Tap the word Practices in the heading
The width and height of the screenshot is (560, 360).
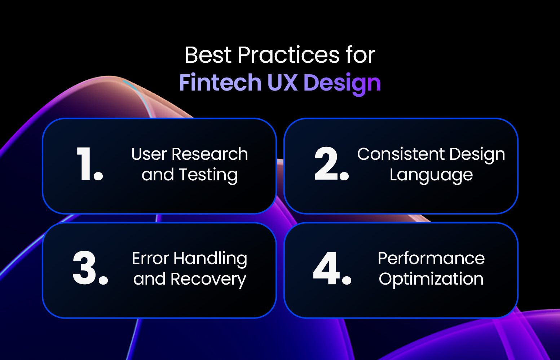click(288, 55)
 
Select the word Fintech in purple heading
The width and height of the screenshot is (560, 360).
click(220, 83)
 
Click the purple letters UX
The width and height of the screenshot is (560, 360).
click(282, 83)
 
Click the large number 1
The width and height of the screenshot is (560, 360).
click(86, 164)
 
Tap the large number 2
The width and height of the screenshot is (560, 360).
click(327, 164)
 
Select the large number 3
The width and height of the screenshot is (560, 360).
click(85, 268)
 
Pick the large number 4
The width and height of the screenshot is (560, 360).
click(327, 268)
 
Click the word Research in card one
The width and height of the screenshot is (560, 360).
click(210, 154)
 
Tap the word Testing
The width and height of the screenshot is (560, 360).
click(208, 175)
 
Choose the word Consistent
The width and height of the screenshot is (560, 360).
click(401, 154)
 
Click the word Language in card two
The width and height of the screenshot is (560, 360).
click(431, 175)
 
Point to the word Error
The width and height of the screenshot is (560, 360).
click(150, 259)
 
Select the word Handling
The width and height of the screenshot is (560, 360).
click(210, 259)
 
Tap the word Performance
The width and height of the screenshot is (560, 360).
click(431, 259)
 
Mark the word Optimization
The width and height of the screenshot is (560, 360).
click(431, 280)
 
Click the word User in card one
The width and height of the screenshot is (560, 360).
click(149, 154)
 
